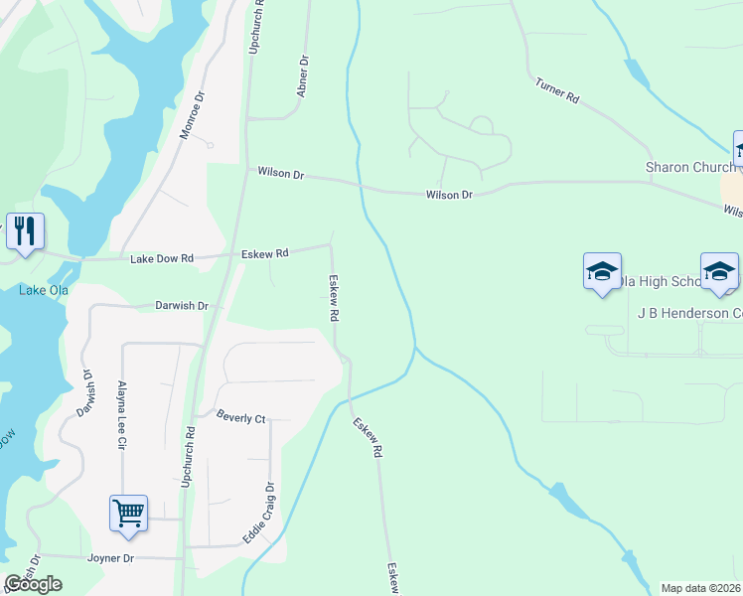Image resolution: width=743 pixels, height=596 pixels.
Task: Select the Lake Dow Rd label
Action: coord(161,258)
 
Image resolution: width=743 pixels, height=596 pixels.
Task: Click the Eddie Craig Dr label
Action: coord(262,513)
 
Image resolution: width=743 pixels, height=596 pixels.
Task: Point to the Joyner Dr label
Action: coord(110,558)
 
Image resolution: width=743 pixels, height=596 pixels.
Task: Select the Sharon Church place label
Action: coord(689,167)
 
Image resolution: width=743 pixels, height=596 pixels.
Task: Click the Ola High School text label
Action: coord(656,282)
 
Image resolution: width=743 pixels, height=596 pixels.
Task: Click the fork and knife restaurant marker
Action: coord(24,232)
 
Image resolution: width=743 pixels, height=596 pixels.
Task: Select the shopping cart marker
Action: coord(129,514)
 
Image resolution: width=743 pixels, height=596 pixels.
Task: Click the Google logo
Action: coord(34,583)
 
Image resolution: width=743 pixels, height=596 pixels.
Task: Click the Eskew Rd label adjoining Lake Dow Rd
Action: coord(264,254)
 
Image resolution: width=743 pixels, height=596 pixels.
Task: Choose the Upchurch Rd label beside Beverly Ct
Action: coord(188,457)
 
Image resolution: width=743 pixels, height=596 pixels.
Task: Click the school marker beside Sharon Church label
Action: coord(739,150)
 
